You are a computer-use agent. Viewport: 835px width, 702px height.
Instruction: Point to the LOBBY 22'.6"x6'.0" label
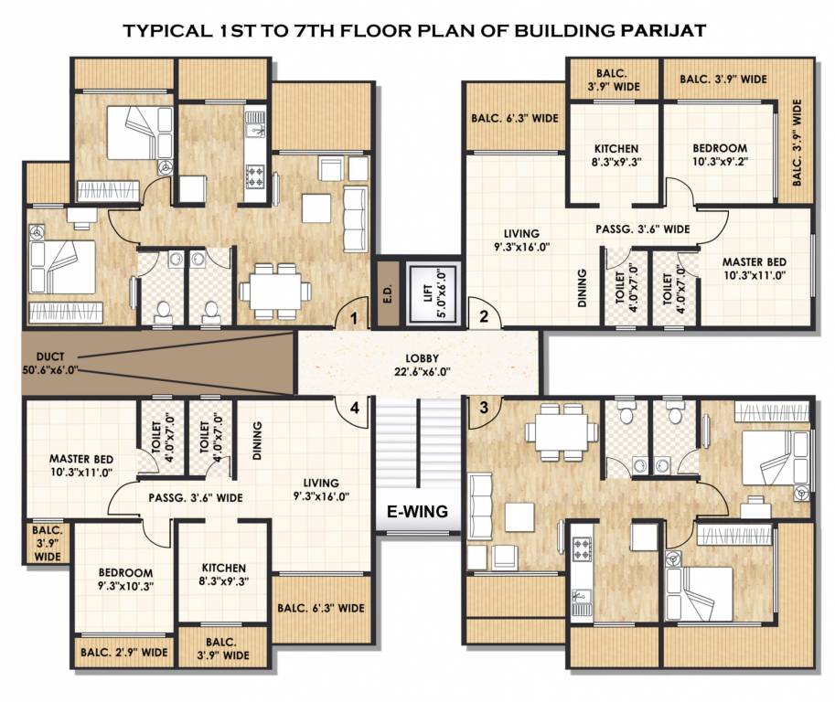(x=419, y=364)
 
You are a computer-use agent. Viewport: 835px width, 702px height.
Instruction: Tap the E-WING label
(x=416, y=512)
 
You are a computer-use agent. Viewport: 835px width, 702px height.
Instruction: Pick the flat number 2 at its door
(x=485, y=318)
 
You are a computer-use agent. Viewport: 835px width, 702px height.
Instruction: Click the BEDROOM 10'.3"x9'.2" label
(x=719, y=155)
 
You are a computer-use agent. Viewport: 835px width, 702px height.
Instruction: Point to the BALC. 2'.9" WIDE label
(x=123, y=653)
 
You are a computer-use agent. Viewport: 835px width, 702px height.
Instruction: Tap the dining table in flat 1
(x=274, y=291)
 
